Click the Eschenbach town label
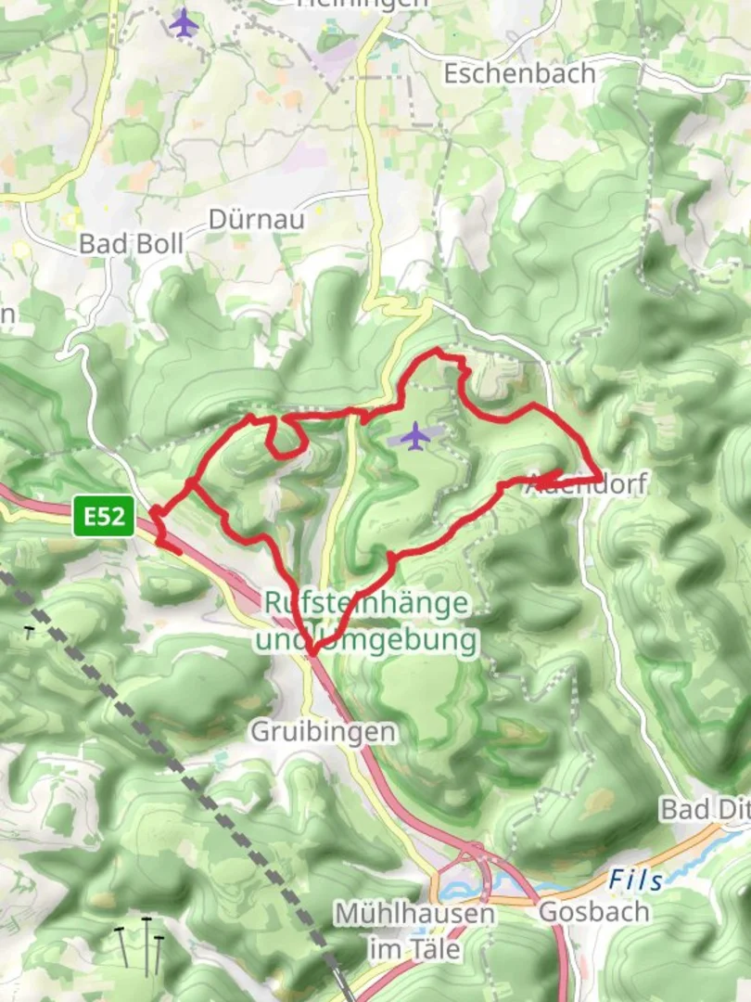click(x=519, y=73)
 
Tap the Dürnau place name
click(x=244, y=219)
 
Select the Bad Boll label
click(x=132, y=243)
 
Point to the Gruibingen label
click(x=324, y=732)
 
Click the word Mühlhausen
click(x=414, y=914)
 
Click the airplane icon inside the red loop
click(x=415, y=434)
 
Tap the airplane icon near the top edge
click(x=185, y=22)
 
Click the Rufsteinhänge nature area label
click(x=365, y=602)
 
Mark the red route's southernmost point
click(x=312, y=653)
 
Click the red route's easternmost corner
click(x=598, y=479)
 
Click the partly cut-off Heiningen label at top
click(x=363, y=4)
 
